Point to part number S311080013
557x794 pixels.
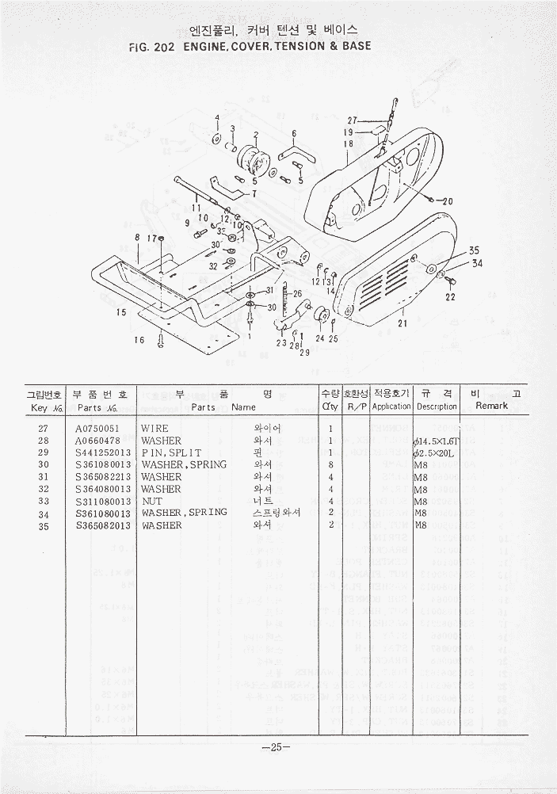(x=103, y=501)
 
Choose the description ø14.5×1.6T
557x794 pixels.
(x=436, y=441)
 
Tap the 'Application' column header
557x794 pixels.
(x=391, y=406)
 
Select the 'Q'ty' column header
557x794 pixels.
(x=330, y=406)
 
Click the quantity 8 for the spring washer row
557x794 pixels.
(x=330, y=464)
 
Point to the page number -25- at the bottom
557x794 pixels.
(x=277, y=746)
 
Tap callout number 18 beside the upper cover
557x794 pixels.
(x=348, y=144)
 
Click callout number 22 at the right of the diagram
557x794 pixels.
(x=450, y=297)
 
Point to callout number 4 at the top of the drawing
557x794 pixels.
(x=216, y=117)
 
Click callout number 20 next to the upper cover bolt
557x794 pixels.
(x=447, y=201)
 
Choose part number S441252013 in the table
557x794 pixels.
(x=103, y=452)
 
